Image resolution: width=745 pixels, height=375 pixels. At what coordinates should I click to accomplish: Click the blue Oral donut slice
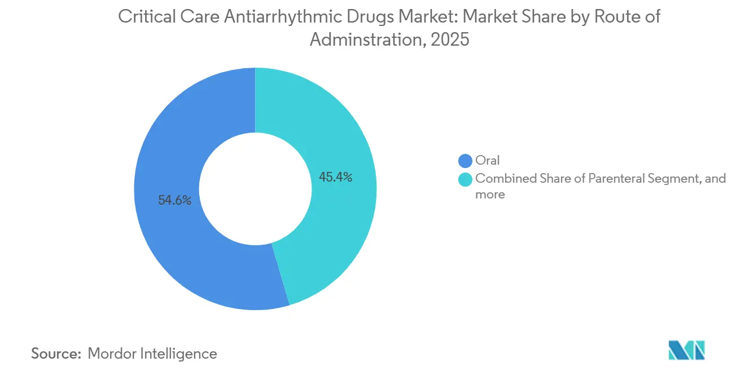pyautogui.click(x=169, y=237)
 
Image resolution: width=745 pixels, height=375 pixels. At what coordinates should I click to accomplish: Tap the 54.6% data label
pyautogui.click(x=174, y=200)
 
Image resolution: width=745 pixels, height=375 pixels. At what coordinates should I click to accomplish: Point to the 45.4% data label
pyautogui.click(x=335, y=177)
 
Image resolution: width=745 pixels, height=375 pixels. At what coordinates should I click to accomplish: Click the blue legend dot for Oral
pyautogui.click(x=466, y=161)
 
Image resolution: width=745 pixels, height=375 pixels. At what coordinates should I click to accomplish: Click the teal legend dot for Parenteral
pyautogui.click(x=466, y=179)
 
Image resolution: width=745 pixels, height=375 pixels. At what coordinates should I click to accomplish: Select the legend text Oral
pyautogui.click(x=488, y=161)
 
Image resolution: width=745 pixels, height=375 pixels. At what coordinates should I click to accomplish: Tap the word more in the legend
pyautogui.click(x=490, y=195)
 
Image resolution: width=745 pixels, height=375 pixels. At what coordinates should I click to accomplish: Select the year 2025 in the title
pyautogui.click(x=452, y=39)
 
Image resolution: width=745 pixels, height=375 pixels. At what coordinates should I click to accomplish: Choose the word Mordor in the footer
pyautogui.click(x=113, y=354)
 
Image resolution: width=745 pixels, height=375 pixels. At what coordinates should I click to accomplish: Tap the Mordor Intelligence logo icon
pyautogui.click(x=686, y=350)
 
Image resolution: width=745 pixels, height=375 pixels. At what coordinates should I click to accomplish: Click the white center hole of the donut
pyautogui.click(x=255, y=189)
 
